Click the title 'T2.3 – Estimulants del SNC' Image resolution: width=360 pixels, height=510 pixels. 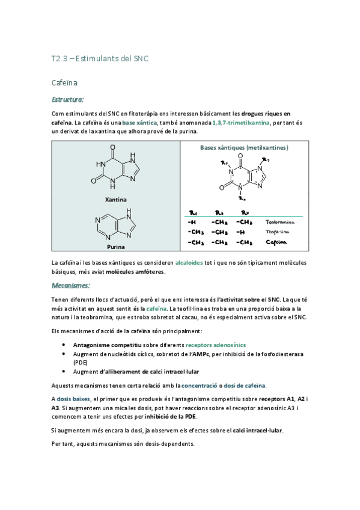coord(99,58)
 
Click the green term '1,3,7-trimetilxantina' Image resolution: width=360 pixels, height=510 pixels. coord(240,122)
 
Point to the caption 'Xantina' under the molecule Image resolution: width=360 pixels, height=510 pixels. coord(116,199)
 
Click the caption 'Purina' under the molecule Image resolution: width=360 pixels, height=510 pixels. coord(115,247)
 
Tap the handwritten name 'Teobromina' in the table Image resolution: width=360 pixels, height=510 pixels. coord(280,222)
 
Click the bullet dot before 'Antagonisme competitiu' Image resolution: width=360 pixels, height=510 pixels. coord(64,345)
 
